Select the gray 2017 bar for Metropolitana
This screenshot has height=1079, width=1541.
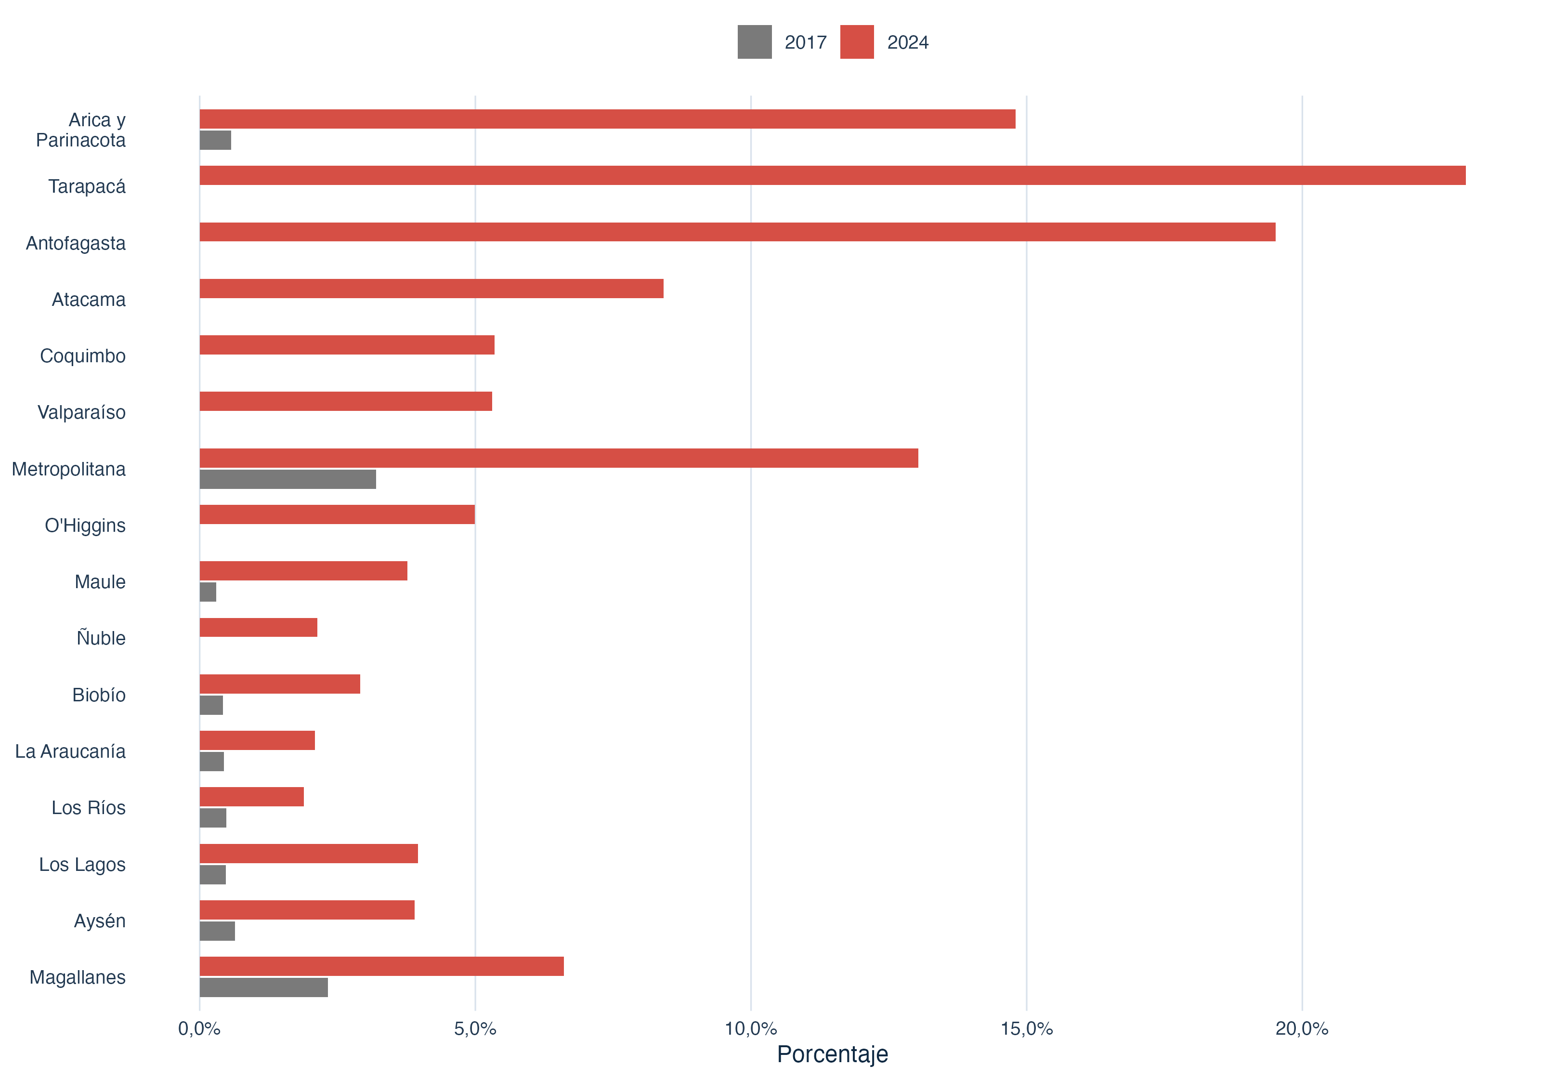pyautogui.click(x=288, y=479)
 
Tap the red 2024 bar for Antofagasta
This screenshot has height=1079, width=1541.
pyautogui.click(x=738, y=232)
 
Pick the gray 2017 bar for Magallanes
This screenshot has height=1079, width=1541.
pyautogui.click(x=264, y=987)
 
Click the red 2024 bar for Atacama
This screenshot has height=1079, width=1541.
pyautogui.click(x=431, y=289)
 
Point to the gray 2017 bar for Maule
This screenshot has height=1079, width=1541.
pyautogui.click(x=208, y=592)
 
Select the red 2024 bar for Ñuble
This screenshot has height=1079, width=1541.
pyautogui.click(x=259, y=628)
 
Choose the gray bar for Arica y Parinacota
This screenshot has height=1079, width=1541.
pyautogui.click(x=215, y=140)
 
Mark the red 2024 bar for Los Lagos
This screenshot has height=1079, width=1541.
pyautogui.click(x=309, y=854)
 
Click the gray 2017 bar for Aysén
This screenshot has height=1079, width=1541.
pyautogui.click(x=218, y=931)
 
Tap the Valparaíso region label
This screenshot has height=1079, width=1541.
pyautogui.click(x=81, y=412)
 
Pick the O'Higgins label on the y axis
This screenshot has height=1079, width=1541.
pyautogui.click(x=85, y=526)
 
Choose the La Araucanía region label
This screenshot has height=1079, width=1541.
pyautogui.click(x=70, y=751)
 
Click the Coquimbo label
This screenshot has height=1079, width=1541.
pyautogui.click(x=82, y=356)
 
